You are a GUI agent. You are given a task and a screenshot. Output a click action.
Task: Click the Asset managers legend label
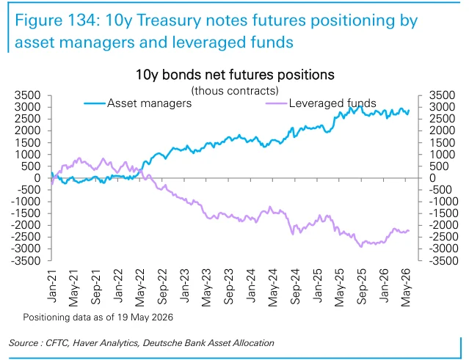149,103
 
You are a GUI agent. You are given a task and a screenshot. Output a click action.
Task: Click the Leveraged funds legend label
332,103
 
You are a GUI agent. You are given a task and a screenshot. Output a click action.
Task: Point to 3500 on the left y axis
27,95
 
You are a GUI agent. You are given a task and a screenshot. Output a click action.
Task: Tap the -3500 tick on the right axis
443,261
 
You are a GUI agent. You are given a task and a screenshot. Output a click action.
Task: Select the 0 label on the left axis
37,178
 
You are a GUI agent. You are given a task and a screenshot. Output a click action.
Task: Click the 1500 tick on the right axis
442,142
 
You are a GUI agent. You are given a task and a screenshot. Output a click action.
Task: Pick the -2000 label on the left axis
26,225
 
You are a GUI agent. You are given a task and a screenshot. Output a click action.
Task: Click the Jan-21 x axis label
52,286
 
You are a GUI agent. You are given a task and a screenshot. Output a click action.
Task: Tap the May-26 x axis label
406,287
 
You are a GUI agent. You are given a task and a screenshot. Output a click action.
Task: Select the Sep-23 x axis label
228,287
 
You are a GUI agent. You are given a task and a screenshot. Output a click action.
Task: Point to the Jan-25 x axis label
317,286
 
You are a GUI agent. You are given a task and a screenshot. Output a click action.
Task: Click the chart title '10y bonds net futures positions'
235,75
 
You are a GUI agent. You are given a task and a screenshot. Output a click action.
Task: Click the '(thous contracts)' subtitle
235,90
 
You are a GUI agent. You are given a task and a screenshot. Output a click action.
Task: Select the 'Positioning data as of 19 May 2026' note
98,317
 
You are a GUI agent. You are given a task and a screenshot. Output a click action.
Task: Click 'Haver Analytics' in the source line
106,343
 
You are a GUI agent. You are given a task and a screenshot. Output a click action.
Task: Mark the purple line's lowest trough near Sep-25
361,246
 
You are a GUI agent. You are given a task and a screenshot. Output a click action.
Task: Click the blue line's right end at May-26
409,111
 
